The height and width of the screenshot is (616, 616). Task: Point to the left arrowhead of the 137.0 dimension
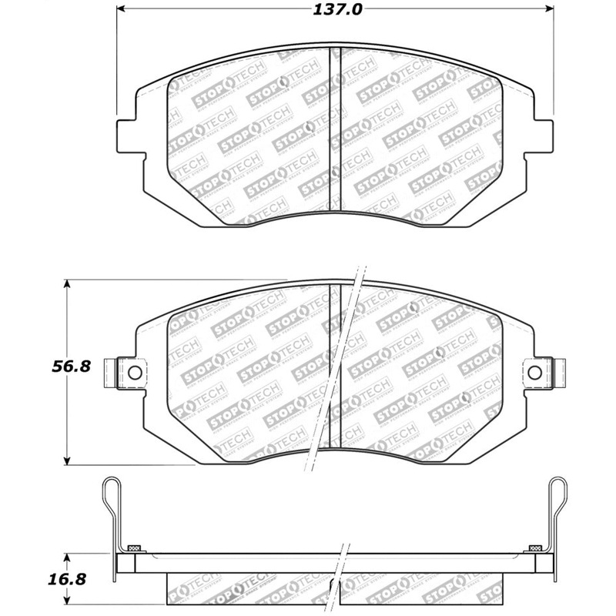[121, 10]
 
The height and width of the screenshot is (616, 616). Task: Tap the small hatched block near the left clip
[134, 547]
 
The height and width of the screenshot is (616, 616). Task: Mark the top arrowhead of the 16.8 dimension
[69, 555]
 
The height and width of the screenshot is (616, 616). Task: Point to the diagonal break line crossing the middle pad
[336, 370]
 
